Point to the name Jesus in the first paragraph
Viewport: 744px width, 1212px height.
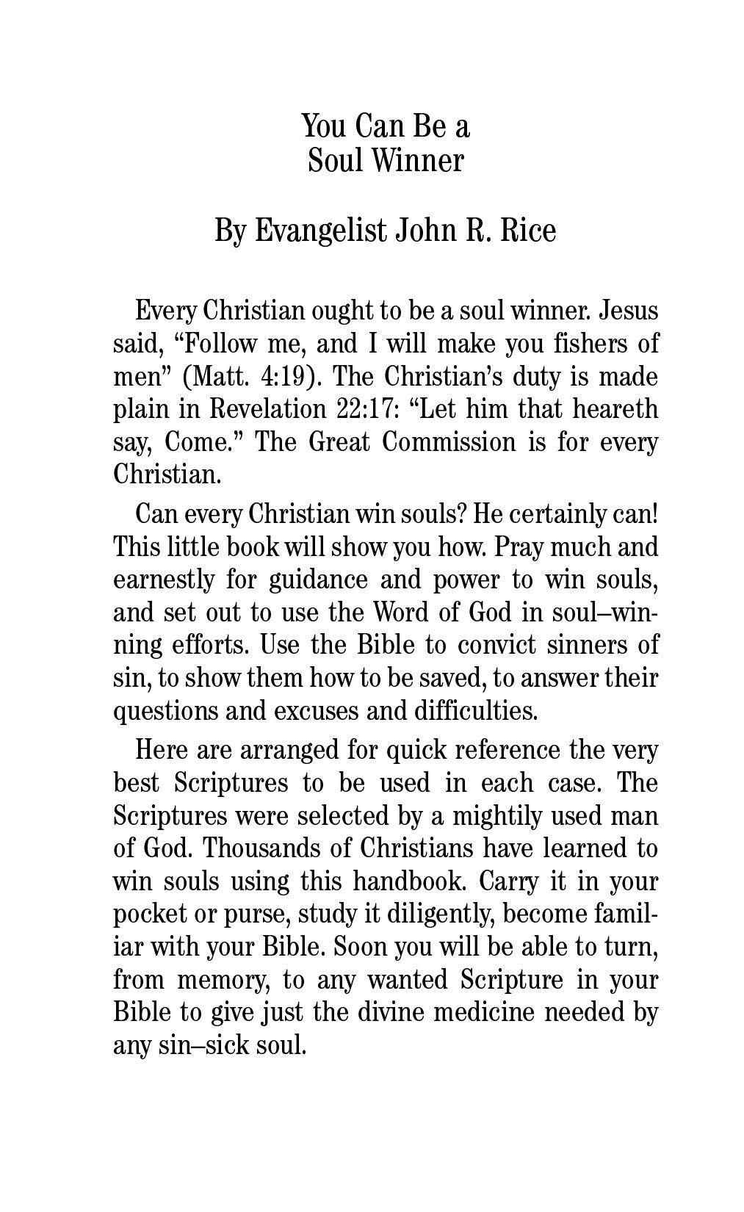[x=629, y=311]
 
